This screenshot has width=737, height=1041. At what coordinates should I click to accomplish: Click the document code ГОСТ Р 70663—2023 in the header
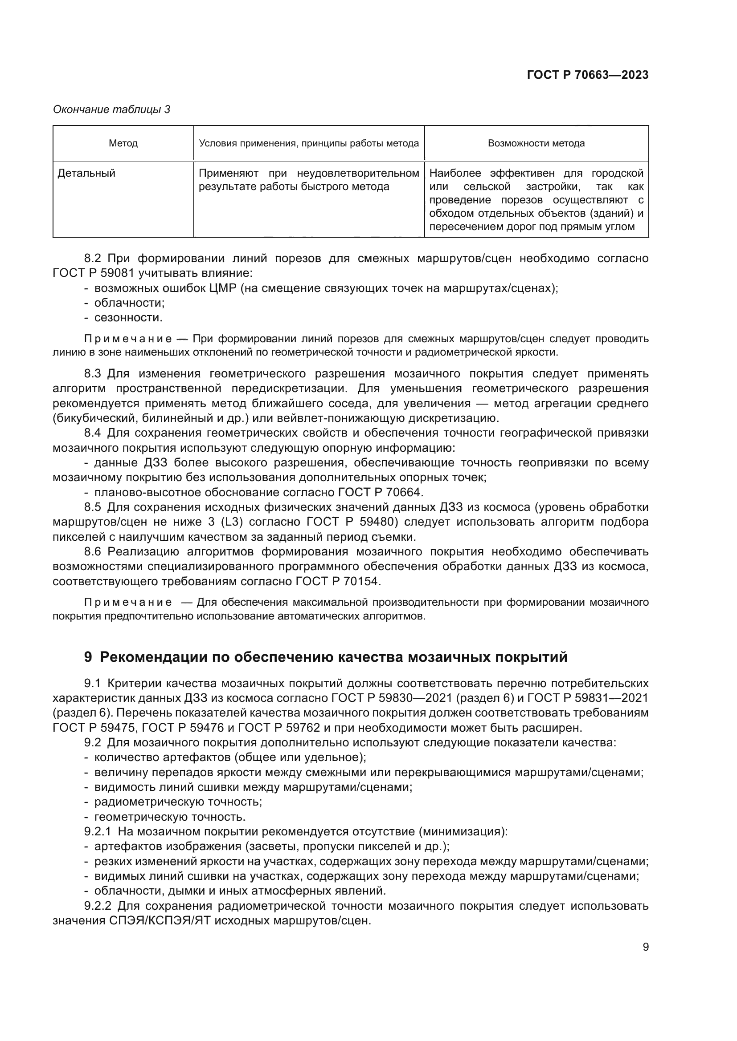point(587,75)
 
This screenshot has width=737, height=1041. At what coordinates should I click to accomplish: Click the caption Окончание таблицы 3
point(112,109)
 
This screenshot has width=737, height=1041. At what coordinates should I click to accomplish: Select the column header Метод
point(123,144)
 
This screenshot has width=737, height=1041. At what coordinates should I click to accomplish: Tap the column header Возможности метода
point(536,144)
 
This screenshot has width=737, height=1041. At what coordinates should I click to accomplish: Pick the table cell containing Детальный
point(87,173)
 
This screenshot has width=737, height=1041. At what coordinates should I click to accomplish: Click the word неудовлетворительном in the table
point(358,173)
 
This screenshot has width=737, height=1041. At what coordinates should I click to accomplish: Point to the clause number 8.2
point(92,259)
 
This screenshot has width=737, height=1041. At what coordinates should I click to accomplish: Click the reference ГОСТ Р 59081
point(95,273)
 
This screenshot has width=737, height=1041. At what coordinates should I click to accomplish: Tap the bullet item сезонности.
point(128,318)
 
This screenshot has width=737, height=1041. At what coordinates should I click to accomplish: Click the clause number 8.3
point(92,374)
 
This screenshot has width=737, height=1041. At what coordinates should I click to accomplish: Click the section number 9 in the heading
point(88,657)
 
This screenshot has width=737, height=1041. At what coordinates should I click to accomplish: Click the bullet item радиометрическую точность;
point(178,802)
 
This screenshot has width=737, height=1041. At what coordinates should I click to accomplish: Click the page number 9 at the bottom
point(646,947)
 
